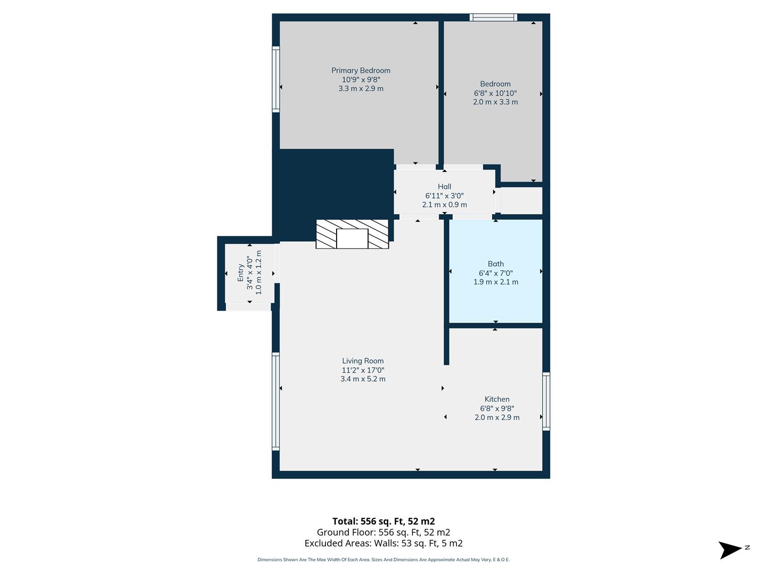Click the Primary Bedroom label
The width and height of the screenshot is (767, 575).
[x=361, y=70]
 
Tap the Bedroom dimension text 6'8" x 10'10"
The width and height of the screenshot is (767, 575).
[x=495, y=93]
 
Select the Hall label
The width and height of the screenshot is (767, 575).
[x=444, y=186]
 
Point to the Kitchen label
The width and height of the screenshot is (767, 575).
[x=497, y=399]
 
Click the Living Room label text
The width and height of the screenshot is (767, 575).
[x=363, y=361]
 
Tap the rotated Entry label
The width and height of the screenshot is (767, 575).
[x=240, y=273]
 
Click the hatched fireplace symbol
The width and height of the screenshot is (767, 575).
[x=352, y=234]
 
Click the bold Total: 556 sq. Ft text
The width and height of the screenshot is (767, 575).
[x=383, y=521]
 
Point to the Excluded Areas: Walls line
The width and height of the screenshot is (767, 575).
[x=383, y=543]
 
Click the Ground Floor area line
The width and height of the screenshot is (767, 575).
[x=383, y=532]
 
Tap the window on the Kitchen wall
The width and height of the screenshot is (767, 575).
[x=546, y=401]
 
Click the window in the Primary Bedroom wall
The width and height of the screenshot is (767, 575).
[x=276, y=79]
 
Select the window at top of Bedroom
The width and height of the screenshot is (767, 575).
[x=493, y=18]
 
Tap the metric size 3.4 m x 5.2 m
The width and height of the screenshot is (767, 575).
[x=363, y=379]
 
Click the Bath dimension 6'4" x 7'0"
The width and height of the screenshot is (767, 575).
[x=495, y=273]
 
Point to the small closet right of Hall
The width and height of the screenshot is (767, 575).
[x=521, y=200]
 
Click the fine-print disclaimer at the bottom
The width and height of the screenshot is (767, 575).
[x=383, y=560]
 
